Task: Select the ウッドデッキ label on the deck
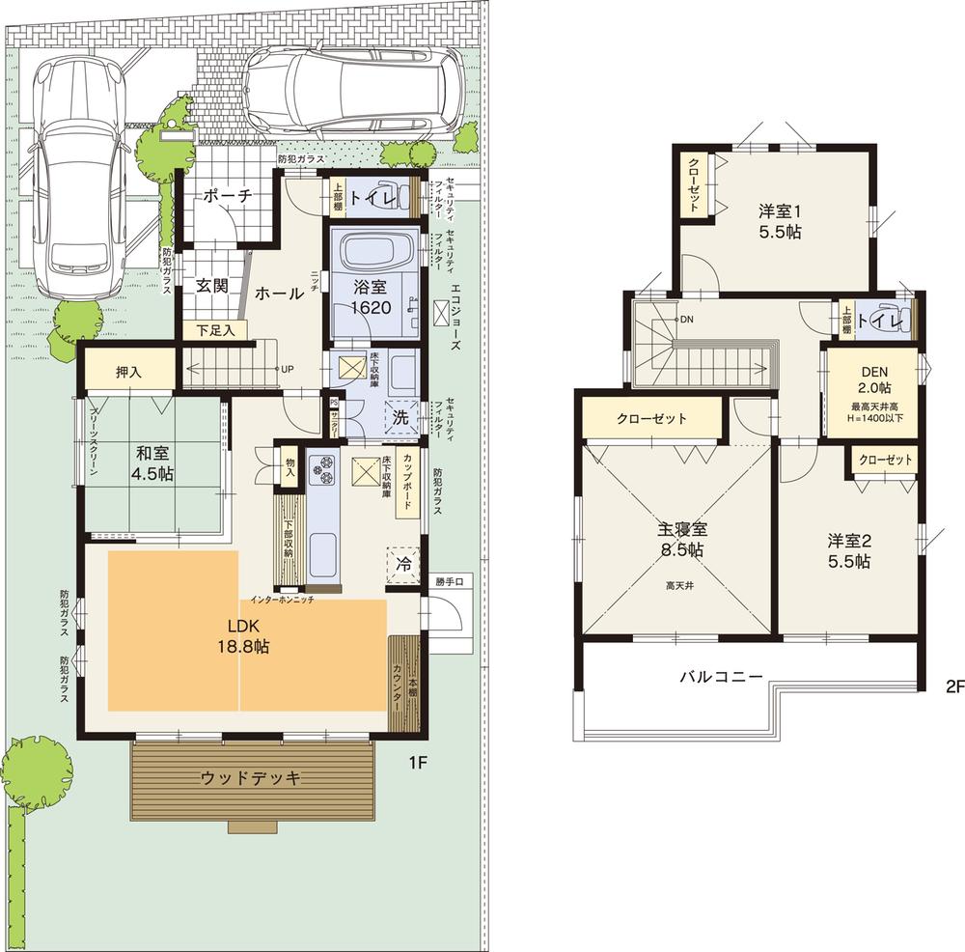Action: [252, 778]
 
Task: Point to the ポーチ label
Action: [228, 196]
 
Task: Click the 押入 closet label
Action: [130, 372]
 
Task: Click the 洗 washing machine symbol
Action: [400, 417]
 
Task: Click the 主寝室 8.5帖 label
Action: [680, 540]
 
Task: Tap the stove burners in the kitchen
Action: [322, 470]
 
